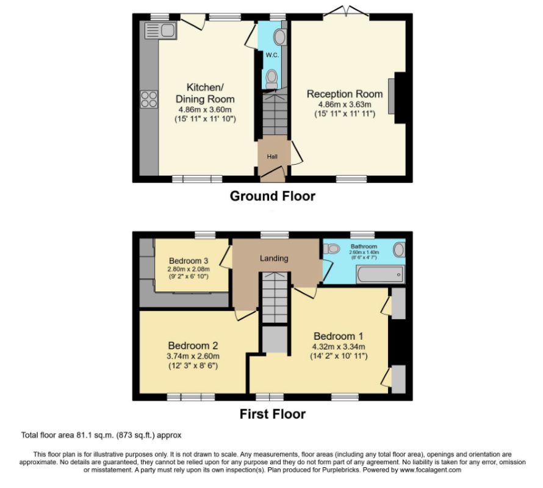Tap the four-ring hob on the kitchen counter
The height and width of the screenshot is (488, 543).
click(x=148, y=99)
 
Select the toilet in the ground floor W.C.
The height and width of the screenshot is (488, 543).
click(x=271, y=78)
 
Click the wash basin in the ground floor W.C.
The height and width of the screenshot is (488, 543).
click(x=281, y=37)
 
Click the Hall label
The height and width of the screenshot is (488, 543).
click(x=272, y=157)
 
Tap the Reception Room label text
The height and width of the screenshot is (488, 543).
click(x=345, y=94)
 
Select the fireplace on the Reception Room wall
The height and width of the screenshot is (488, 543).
click(x=400, y=98)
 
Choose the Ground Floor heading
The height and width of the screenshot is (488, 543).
click(x=272, y=196)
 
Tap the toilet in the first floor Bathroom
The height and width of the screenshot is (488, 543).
click(x=331, y=249)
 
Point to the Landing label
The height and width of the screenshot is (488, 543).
click(x=274, y=258)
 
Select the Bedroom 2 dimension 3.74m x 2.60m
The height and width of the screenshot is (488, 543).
click(x=193, y=356)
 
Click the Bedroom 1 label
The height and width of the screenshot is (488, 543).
click(x=339, y=336)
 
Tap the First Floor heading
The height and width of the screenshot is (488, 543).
click(x=272, y=414)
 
